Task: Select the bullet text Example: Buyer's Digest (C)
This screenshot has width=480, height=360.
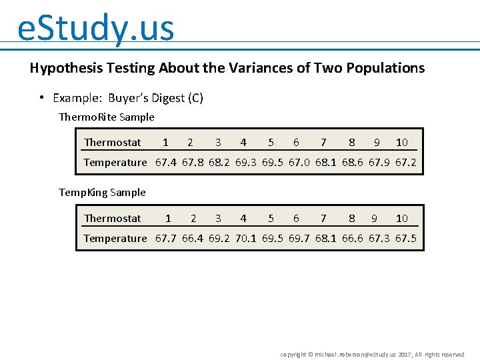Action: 127,98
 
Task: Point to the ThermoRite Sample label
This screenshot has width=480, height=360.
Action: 107,117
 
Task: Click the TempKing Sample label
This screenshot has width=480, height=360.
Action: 102,193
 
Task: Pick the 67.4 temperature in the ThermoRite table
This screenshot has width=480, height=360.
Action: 165,162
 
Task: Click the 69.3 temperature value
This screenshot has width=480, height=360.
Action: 245,162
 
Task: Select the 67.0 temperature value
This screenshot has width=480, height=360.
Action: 299,162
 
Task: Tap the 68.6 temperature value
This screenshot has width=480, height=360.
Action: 352,162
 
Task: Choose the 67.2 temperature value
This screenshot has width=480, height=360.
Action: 405,162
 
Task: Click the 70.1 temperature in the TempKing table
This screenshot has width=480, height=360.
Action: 245,238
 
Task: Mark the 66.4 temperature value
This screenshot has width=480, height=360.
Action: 192,238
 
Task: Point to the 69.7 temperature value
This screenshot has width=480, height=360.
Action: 299,238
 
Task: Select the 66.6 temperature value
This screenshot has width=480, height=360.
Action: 352,238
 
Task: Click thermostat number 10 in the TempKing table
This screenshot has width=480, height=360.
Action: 401,218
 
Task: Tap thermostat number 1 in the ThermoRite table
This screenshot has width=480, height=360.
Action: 165,142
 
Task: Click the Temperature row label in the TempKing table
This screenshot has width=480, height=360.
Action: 115,238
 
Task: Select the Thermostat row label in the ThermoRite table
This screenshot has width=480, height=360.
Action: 112,142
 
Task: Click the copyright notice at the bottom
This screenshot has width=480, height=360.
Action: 372,354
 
